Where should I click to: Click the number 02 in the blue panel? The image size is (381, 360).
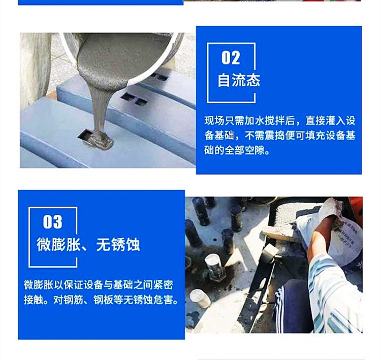pyautogui.click(x=231, y=58)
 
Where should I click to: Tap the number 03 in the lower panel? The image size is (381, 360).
pyautogui.click(x=53, y=222)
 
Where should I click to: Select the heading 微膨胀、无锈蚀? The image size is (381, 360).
pyautogui.click(x=88, y=245)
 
